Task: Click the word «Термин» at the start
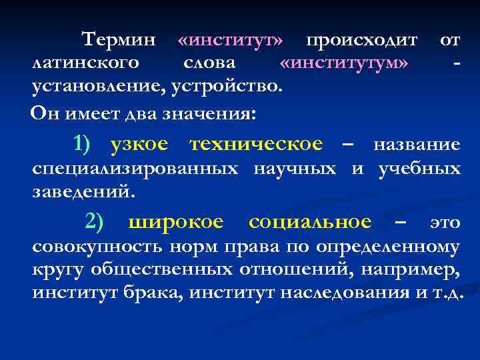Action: click(119, 40)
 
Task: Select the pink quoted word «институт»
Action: click(230, 40)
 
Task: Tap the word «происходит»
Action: click(361, 40)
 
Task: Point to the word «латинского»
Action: click(86, 63)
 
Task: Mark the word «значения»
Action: click(217, 112)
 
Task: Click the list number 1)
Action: click(85, 143)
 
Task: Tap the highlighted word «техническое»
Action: click(256, 143)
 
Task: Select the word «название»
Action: click(416, 144)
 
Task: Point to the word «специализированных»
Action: click(135, 169)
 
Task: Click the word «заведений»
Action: click(83, 192)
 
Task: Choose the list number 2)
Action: click(94, 221)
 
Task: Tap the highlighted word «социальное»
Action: click(309, 221)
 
